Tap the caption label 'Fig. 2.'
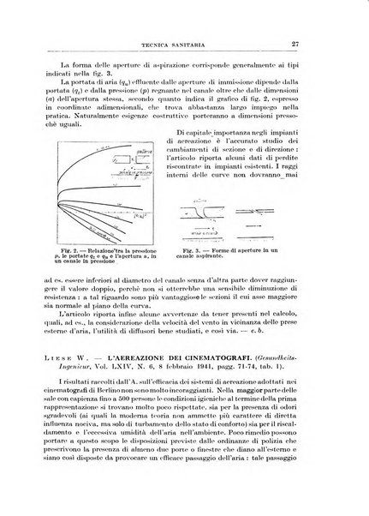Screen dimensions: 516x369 pyautogui.click(x=97, y=247)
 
